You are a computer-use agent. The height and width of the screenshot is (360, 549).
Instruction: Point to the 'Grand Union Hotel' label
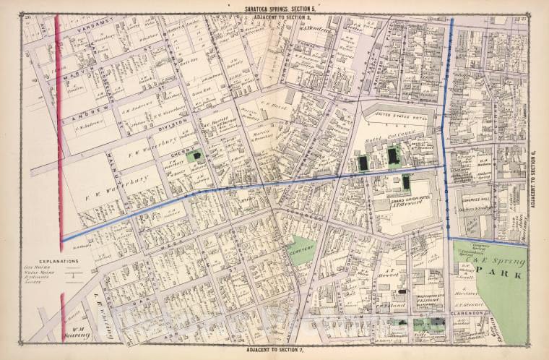[395, 199]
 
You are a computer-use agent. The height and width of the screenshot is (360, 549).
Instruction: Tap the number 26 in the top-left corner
[27, 16]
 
